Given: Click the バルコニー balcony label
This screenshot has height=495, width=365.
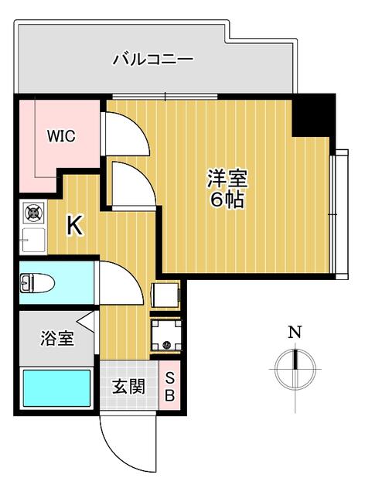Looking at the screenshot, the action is click(x=153, y=60).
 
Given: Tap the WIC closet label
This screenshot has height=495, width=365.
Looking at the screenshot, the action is click(x=61, y=136).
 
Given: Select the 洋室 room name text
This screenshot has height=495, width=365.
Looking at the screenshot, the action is click(x=227, y=179).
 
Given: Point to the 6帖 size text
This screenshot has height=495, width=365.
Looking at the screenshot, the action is click(x=227, y=200).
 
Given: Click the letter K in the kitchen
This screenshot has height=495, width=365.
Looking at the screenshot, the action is click(x=75, y=225).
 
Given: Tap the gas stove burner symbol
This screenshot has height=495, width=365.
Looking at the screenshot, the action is click(x=33, y=213).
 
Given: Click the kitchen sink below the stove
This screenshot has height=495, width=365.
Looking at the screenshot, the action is click(x=33, y=240).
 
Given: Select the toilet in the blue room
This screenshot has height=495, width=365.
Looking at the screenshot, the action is click(x=37, y=283).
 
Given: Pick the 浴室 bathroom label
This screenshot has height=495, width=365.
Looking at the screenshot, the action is click(x=57, y=338).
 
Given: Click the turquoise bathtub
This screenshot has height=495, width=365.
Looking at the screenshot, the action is click(x=56, y=388).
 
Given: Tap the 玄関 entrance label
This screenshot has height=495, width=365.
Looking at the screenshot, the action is click(x=129, y=387).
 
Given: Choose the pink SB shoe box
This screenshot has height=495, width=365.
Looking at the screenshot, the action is click(x=169, y=385).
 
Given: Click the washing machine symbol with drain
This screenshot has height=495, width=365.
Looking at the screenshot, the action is click(x=166, y=335).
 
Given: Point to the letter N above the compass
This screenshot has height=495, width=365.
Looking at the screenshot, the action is click(x=295, y=332).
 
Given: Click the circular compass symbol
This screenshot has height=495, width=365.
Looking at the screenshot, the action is click(x=295, y=370).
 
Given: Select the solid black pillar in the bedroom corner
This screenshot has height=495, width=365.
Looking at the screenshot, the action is click(x=313, y=115).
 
